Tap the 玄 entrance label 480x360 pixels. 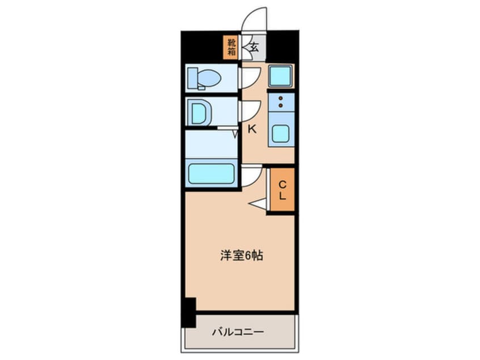[x=254, y=48]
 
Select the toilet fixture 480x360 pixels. [x=204, y=78]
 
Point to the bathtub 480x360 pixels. [x=211, y=173]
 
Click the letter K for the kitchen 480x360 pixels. [x=252, y=129]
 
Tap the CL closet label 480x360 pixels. [x=281, y=190]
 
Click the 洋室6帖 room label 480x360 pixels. [x=241, y=256]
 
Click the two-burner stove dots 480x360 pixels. [x=280, y=102]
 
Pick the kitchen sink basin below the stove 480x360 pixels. [x=280, y=134]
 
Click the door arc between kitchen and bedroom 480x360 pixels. [x=251, y=177]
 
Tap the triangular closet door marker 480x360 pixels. [x=258, y=203]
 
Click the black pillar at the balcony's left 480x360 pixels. [x=188, y=312]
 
